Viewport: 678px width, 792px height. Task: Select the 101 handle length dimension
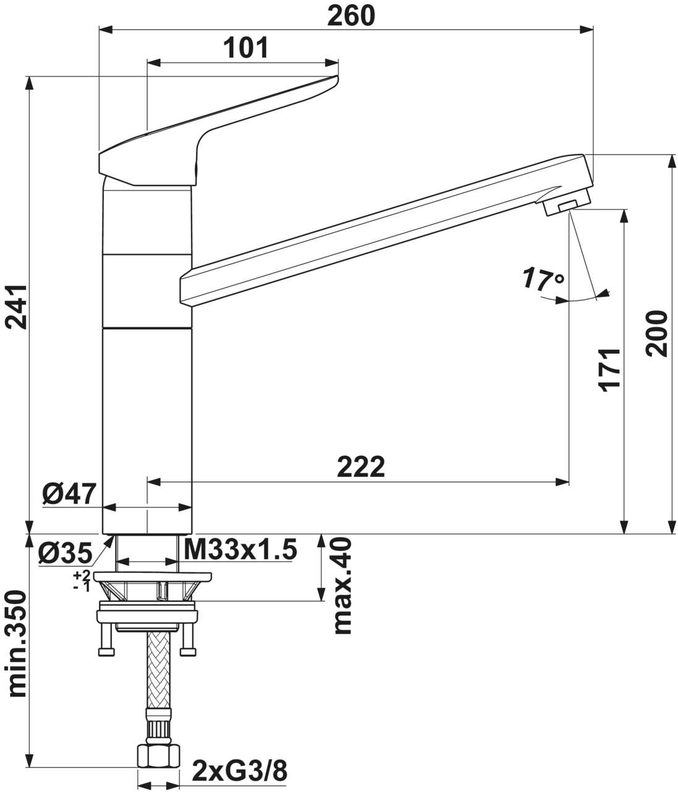pos(245,48)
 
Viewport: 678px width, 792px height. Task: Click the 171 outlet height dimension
pos(609,370)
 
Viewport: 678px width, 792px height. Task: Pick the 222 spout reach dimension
pos(361,467)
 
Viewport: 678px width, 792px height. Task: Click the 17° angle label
pos(542,279)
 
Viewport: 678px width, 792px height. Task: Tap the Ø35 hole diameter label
pos(64,553)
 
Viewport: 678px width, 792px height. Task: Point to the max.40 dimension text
pos(342,585)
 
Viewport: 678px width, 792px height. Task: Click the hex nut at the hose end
pos(158,755)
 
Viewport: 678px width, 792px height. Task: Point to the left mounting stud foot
pos(106,652)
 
